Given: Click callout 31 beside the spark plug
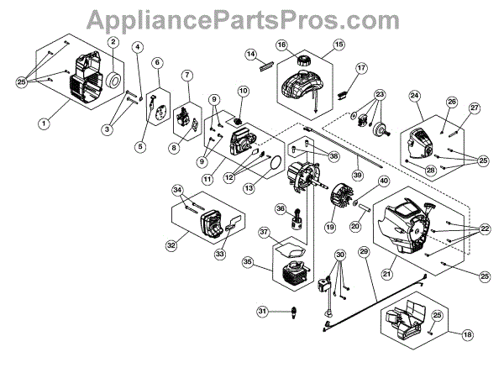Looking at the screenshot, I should coord(262,312).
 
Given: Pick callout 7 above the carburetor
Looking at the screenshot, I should coord(187,75).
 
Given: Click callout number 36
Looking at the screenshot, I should coord(281,209).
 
